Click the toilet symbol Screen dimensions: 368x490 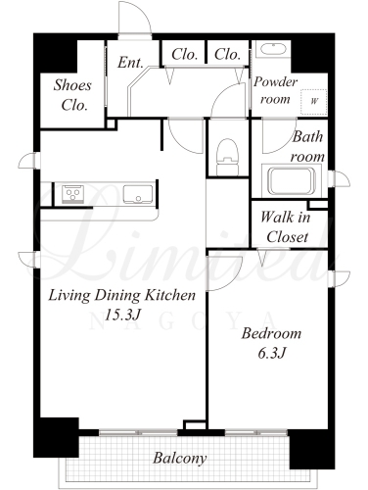tap(227, 157)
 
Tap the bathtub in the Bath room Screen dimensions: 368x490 tap(292, 180)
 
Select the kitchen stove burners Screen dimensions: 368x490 tap(72, 194)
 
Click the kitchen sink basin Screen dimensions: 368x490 tap(138, 194)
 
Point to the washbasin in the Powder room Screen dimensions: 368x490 tap(273, 49)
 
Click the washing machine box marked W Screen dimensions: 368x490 tap(313, 101)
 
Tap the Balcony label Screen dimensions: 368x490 tap(180, 458)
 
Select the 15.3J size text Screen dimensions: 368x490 tap(122, 315)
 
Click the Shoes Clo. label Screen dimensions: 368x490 tap(72, 95)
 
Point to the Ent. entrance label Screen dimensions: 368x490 tap(130, 63)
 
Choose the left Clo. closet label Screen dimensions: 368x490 tap(185, 54)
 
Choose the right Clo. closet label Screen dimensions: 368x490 tap(227, 54)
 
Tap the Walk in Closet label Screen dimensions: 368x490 tap(286, 226)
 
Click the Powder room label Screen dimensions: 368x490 tap(275, 90)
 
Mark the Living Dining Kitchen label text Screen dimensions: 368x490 tap(121, 296)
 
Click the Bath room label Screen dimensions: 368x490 tap(307, 147)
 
